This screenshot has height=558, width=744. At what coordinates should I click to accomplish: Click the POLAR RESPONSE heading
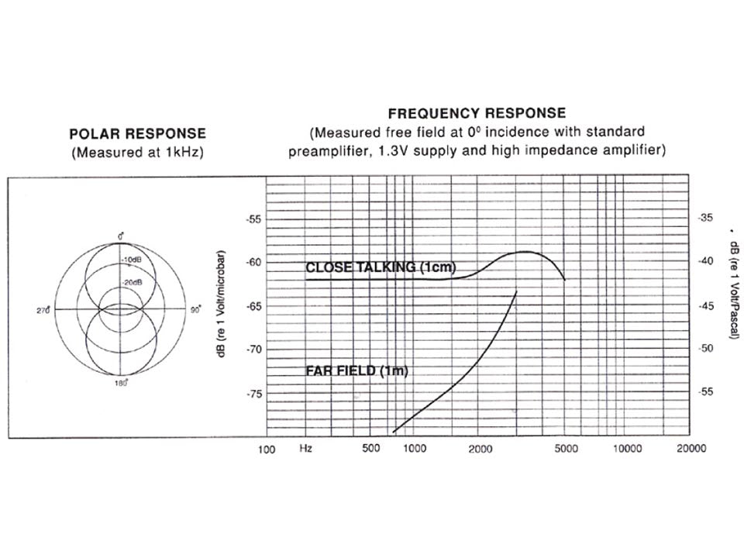138,134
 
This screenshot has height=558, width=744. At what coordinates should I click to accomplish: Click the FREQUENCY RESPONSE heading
477,113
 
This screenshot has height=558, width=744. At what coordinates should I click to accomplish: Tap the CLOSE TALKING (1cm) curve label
381,267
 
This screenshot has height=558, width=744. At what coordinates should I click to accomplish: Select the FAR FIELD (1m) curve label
356,370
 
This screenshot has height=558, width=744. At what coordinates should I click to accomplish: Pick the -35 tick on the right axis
705,218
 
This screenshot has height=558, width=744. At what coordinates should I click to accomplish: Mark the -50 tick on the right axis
705,349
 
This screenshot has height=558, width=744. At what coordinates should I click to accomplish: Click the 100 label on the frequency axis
266,449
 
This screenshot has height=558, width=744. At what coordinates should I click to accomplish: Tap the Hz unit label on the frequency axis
306,449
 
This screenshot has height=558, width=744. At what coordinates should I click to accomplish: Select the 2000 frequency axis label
480,449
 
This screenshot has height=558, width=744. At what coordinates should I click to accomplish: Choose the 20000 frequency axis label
691,449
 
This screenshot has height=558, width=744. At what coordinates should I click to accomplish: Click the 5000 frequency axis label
567,449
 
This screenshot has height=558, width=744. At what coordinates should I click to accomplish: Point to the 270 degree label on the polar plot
43,310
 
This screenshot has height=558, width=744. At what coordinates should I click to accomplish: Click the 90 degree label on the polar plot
195,309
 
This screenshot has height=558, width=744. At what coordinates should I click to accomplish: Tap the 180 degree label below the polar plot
120,382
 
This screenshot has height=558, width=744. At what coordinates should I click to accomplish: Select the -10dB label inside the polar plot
132,260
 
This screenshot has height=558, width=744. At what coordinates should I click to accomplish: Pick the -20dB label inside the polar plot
133,282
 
